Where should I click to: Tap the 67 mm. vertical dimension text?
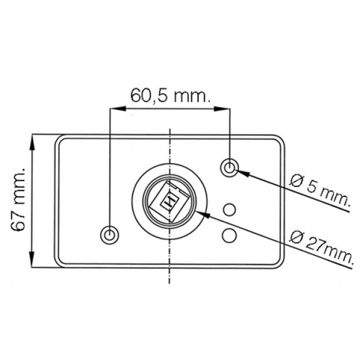tap(18, 199)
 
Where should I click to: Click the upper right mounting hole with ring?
tap(229, 168)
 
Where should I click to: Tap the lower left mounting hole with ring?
tap(109, 235)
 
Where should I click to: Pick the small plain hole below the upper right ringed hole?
tap(229, 210)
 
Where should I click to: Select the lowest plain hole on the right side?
tap(229, 235)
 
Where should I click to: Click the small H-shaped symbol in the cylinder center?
tap(170, 202)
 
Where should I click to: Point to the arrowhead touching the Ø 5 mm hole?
tap(243, 172)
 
